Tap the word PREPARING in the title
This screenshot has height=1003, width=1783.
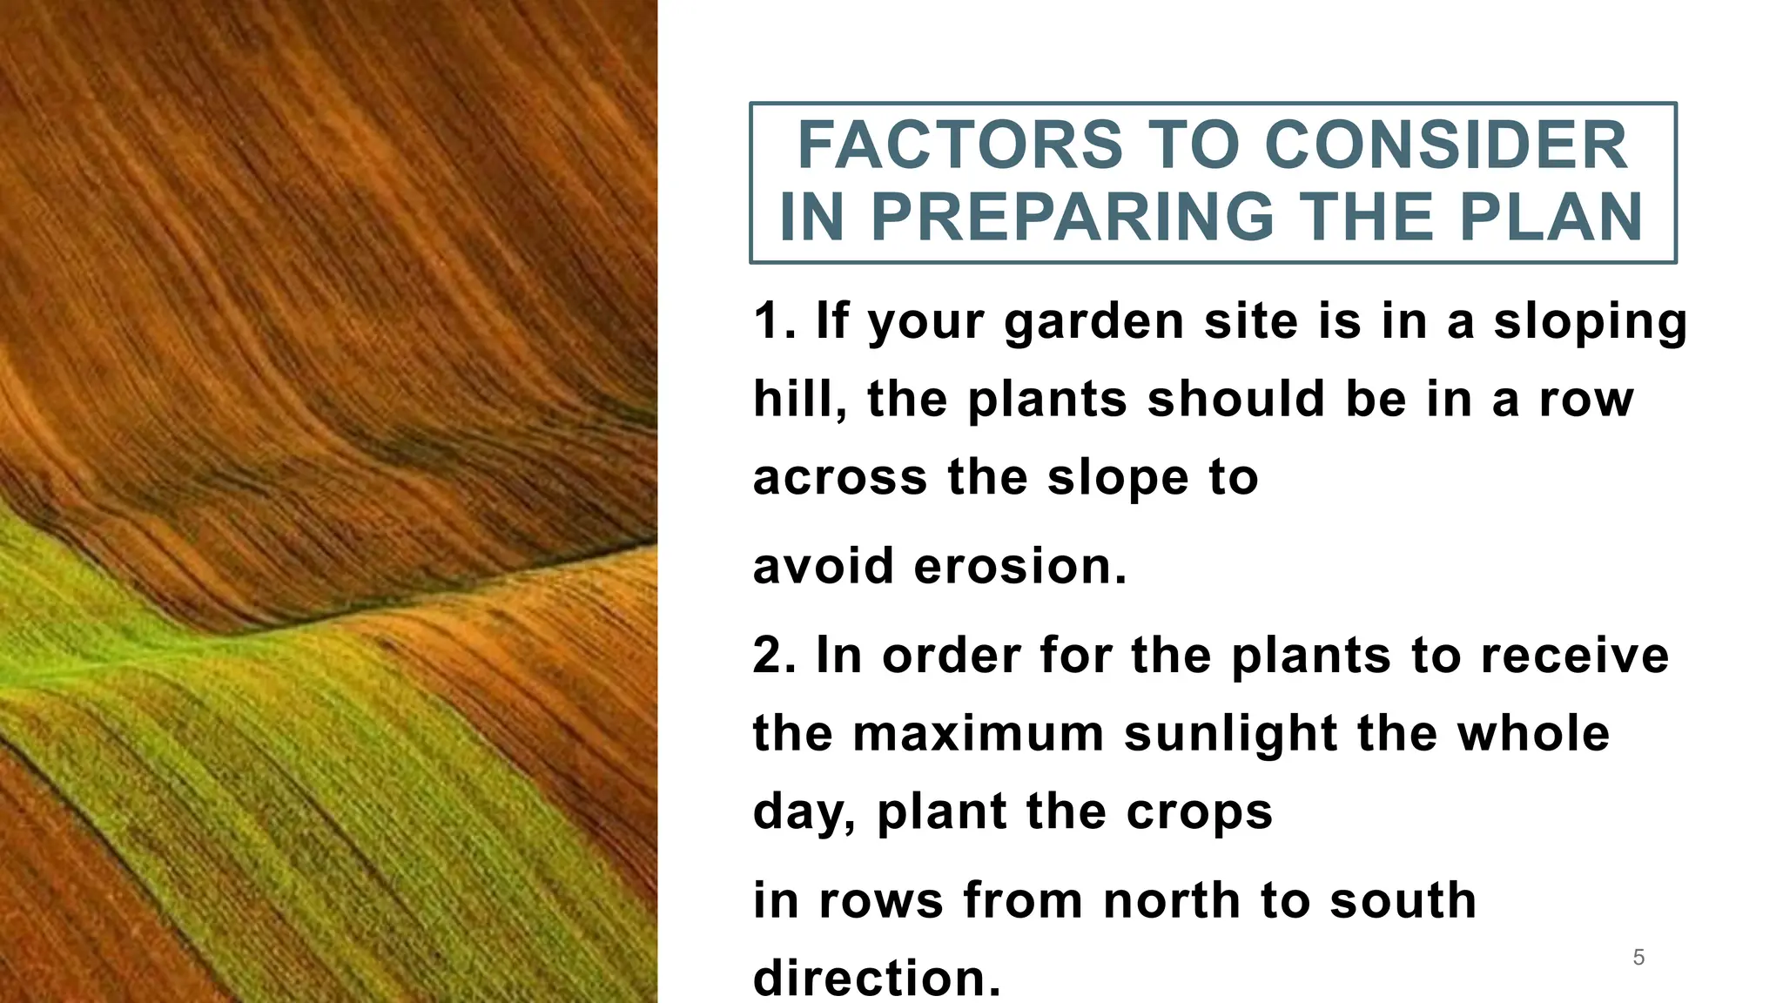1073,217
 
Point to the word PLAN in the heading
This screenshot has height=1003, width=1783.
1551,217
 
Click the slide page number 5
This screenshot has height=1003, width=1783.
1638,958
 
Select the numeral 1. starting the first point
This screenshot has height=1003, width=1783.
774,320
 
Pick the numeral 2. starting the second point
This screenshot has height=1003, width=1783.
774,655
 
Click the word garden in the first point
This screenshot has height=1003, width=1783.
1093,322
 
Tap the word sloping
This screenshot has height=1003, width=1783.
1591,322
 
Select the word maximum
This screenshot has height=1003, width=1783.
978,733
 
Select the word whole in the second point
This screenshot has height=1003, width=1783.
1533,733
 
